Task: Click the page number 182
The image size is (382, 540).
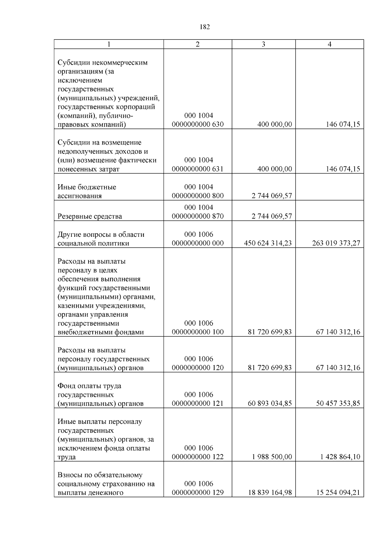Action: click(x=205, y=27)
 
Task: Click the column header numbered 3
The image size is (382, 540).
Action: click(x=263, y=44)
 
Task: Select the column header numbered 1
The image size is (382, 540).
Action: click(x=109, y=44)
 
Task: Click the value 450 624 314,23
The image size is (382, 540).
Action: click(x=268, y=243)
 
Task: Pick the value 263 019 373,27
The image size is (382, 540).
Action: click(x=336, y=243)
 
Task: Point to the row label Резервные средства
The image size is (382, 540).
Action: click(x=90, y=216)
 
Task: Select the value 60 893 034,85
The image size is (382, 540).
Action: click(x=270, y=403)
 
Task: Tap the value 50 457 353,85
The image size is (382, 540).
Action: click(x=338, y=403)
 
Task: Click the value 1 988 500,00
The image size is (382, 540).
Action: click(x=272, y=457)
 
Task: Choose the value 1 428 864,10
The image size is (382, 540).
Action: click(x=340, y=457)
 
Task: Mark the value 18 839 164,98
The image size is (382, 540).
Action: click(x=270, y=493)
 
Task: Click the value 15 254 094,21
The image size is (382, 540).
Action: click(x=338, y=493)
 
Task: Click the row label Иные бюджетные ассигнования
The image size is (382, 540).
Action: click(x=87, y=192)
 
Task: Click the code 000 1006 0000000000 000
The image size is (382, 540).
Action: click(x=198, y=239)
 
